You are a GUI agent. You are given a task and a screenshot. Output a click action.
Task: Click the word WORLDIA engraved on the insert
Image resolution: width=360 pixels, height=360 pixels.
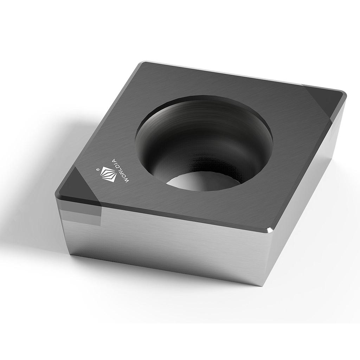click(120, 171)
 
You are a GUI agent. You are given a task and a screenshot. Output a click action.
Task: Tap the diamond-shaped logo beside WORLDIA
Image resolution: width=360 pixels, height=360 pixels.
click(109, 174)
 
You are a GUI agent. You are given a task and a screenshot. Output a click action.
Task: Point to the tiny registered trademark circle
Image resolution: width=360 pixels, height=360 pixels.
click(98, 169)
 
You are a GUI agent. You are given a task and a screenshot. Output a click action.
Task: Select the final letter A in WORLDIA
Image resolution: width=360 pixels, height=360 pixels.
click(114, 161)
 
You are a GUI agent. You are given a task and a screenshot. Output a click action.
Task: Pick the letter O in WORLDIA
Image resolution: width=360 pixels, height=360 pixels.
click(124, 176)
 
